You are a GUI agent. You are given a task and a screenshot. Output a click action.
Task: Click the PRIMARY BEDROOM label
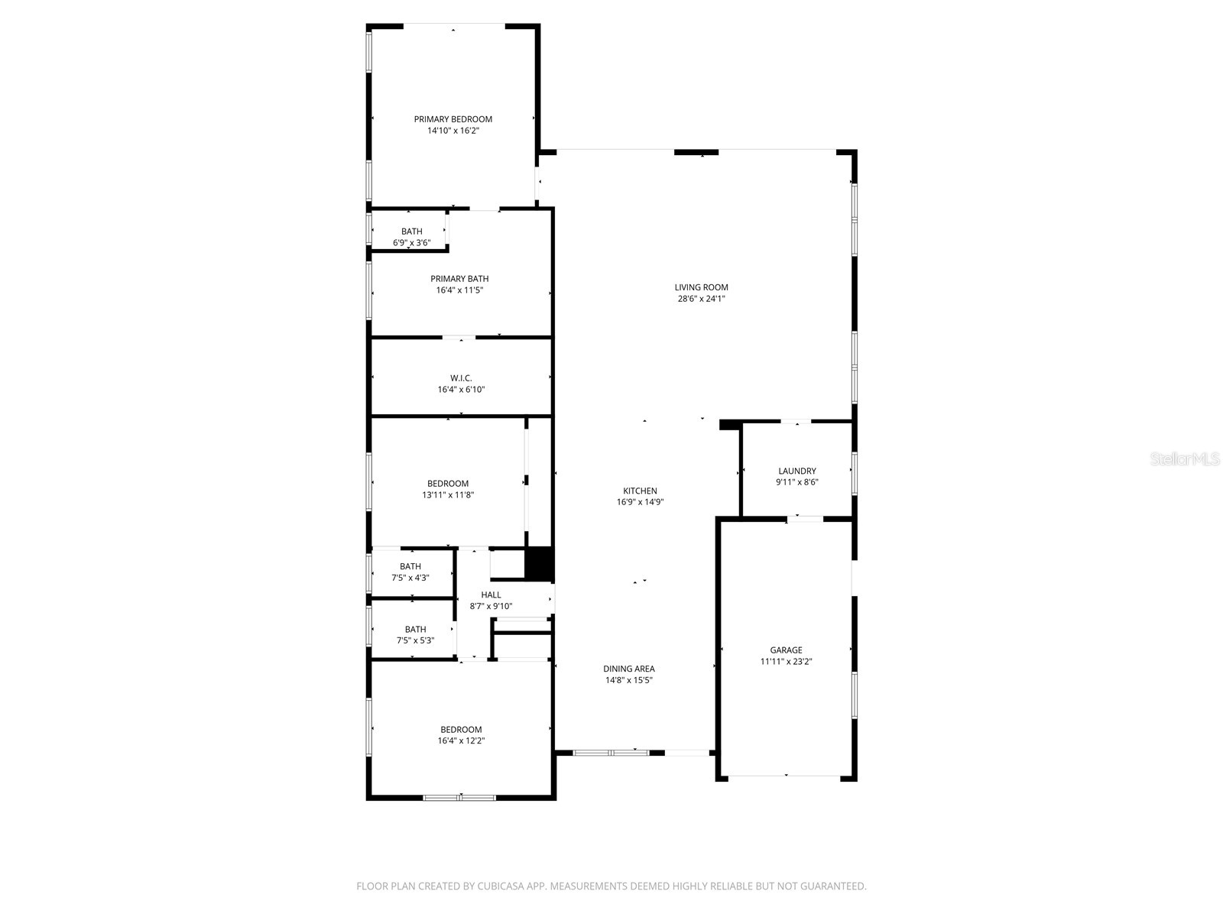(x=453, y=119)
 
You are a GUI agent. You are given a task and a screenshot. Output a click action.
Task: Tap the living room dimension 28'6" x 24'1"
(x=701, y=299)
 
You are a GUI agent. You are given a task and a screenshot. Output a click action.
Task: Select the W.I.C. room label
(x=461, y=378)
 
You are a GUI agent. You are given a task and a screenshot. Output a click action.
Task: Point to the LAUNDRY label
(x=796, y=471)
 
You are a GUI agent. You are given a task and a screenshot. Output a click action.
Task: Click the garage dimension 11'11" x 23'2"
(x=786, y=662)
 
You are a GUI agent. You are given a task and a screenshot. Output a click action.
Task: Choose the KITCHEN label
(x=640, y=491)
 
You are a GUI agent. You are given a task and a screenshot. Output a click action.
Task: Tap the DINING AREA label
(x=629, y=669)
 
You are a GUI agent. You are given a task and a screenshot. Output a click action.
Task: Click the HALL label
(x=491, y=595)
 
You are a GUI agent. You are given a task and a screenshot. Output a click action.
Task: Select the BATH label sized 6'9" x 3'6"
(x=411, y=232)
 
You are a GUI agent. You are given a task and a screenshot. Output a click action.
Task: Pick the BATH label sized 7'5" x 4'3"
(x=410, y=567)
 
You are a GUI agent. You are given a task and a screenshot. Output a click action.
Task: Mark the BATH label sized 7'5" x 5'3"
(x=415, y=630)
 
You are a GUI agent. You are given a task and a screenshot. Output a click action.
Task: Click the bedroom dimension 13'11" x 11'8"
(x=448, y=495)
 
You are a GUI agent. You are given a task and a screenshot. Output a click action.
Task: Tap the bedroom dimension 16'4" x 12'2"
(x=461, y=740)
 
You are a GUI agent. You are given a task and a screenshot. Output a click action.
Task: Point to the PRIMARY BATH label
(x=459, y=279)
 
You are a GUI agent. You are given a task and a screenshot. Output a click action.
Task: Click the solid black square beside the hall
(x=539, y=564)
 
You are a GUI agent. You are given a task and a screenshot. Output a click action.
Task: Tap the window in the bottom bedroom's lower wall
(x=459, y=798)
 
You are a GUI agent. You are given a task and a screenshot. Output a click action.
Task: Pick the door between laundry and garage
(x=805, y=519)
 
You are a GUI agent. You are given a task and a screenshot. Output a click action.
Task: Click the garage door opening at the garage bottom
(x=785, y=777)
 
